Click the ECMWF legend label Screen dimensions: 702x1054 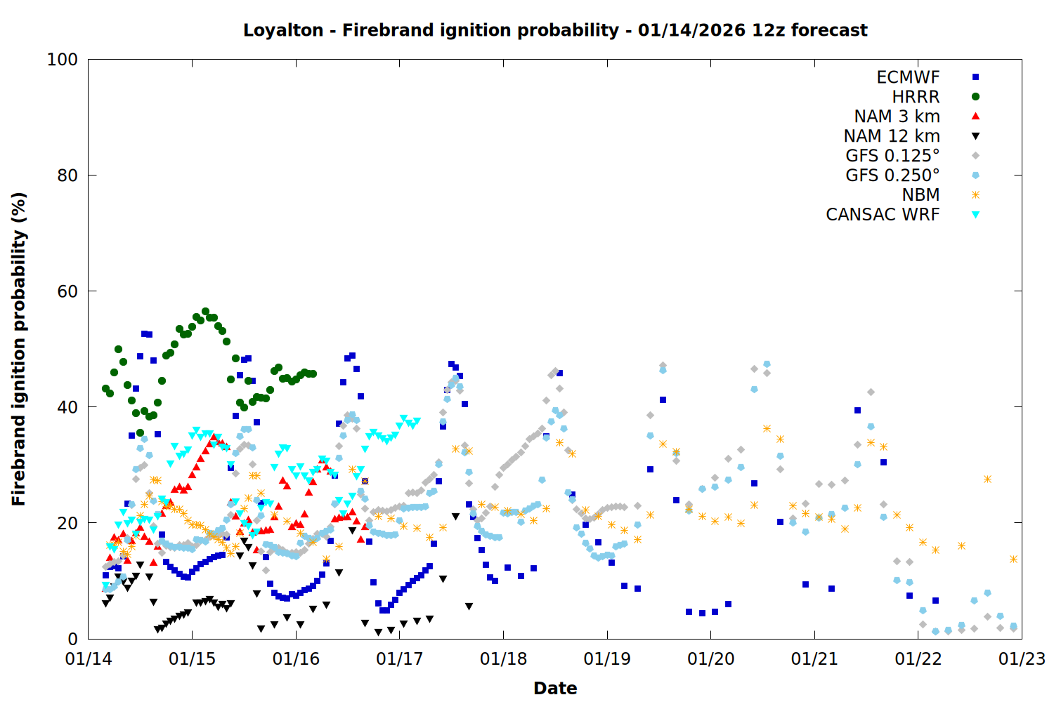[908, 77]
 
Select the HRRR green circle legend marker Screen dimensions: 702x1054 [975, 97]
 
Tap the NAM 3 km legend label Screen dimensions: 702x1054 [897, 117]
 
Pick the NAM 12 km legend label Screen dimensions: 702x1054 [892, 136]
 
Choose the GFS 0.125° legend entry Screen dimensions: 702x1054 [892, 156]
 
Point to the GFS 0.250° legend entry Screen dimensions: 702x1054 [892, 175]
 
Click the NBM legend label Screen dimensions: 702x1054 [920, 195]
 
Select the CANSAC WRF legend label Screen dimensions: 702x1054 [883, 215]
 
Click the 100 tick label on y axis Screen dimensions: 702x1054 [62, 60]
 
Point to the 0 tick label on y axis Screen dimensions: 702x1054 [72, 639]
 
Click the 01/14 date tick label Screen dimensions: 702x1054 [89, 659]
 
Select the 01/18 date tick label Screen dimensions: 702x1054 [503, 659]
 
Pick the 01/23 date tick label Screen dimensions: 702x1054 [1022, 659]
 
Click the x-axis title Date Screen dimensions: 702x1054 [555, 688]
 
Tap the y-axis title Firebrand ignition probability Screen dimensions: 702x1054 [19, 349]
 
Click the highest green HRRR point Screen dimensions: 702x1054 [205, 311]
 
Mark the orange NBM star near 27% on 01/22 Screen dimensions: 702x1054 [987, 479]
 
